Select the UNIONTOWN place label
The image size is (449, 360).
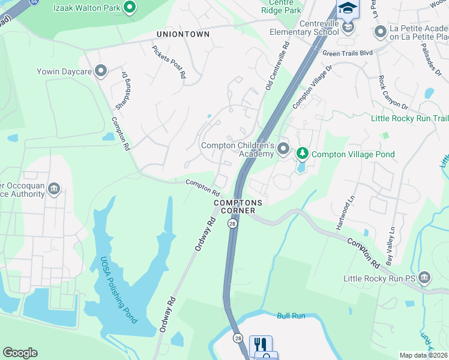183,34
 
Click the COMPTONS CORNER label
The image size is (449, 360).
235,207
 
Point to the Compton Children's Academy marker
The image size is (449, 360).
283,148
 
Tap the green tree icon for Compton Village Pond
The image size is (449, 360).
303,154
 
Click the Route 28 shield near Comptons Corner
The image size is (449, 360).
232,223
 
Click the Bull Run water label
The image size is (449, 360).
291,316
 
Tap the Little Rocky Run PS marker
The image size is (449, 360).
424,278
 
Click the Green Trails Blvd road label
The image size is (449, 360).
348,53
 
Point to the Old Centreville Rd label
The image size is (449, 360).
277,67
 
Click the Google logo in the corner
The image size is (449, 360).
20,353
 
